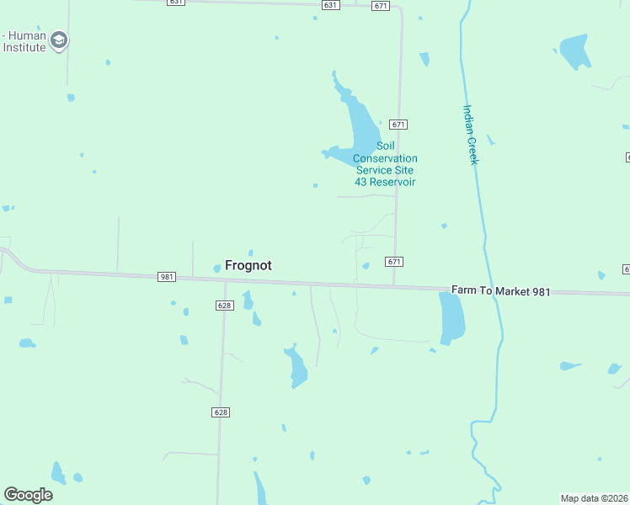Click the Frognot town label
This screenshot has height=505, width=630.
[248, 264]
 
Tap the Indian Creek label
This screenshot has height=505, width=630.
[470, 134]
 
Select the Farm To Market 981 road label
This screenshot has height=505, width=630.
[500, 291]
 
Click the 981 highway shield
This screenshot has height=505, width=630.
[166, 277]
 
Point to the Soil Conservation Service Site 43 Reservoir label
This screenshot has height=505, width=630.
[385, 164]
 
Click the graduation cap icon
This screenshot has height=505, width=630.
[59, 40]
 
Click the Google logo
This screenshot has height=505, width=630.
[28, 495]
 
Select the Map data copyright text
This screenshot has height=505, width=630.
[595, 498]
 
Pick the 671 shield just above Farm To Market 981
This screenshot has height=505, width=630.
[394, 262]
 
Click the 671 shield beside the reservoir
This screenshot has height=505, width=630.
[399, 125]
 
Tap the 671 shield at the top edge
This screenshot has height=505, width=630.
[381, 6]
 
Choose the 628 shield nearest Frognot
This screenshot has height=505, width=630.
[223, 306]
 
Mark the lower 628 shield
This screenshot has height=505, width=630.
[221, 412]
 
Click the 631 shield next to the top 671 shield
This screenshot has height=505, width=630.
[330, 5]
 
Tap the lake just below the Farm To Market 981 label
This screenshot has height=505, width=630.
[452, 319]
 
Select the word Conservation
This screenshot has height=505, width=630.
[385, 158]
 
